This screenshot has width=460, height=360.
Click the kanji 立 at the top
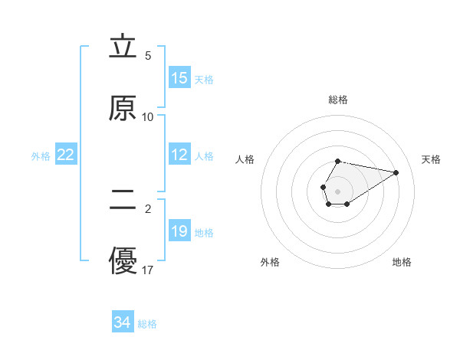tap(123, 47)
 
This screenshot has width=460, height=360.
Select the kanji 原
tap(123, 109)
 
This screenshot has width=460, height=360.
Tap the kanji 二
tap(123, 201)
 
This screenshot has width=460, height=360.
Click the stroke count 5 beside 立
tap(148, 56)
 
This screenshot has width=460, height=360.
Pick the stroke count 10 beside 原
tap(148, 117)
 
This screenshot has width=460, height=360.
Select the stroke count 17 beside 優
tap(148, 270)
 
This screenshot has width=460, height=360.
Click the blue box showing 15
tap(179, 78)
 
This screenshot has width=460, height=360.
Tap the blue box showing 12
tap(179, 155)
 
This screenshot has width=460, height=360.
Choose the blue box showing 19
tap(179, 231)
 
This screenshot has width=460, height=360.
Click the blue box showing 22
tap(66, 155)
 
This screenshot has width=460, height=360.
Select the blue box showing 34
tap(123, 322)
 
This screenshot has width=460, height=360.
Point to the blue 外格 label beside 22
tap(41, 155)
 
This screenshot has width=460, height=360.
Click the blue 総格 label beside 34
tap(147, 323)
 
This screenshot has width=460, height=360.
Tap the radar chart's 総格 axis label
tap(338, 100)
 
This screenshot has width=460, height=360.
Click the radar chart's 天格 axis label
tap(432, 159)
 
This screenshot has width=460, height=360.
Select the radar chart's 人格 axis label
tap(245, 159)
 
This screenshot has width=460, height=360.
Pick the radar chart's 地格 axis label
tap(402, 262)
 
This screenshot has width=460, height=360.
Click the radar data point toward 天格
tap(396, 172)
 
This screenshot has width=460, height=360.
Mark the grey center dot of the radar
tap(338, 190)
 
